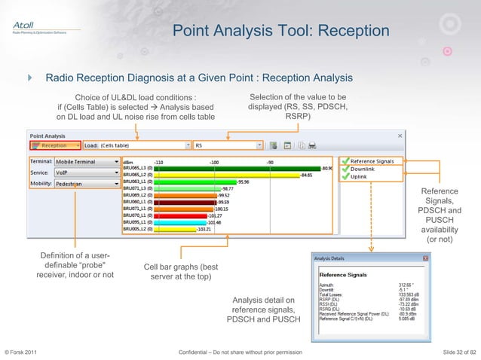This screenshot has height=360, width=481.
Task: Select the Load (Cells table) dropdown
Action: (136, 145)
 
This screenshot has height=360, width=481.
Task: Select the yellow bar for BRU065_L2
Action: (226, 175)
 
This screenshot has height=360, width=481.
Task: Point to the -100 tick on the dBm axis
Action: (214, 161)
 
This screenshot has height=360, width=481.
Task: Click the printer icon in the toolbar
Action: (311, 145)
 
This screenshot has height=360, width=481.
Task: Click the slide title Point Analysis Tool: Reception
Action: (280, 32)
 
